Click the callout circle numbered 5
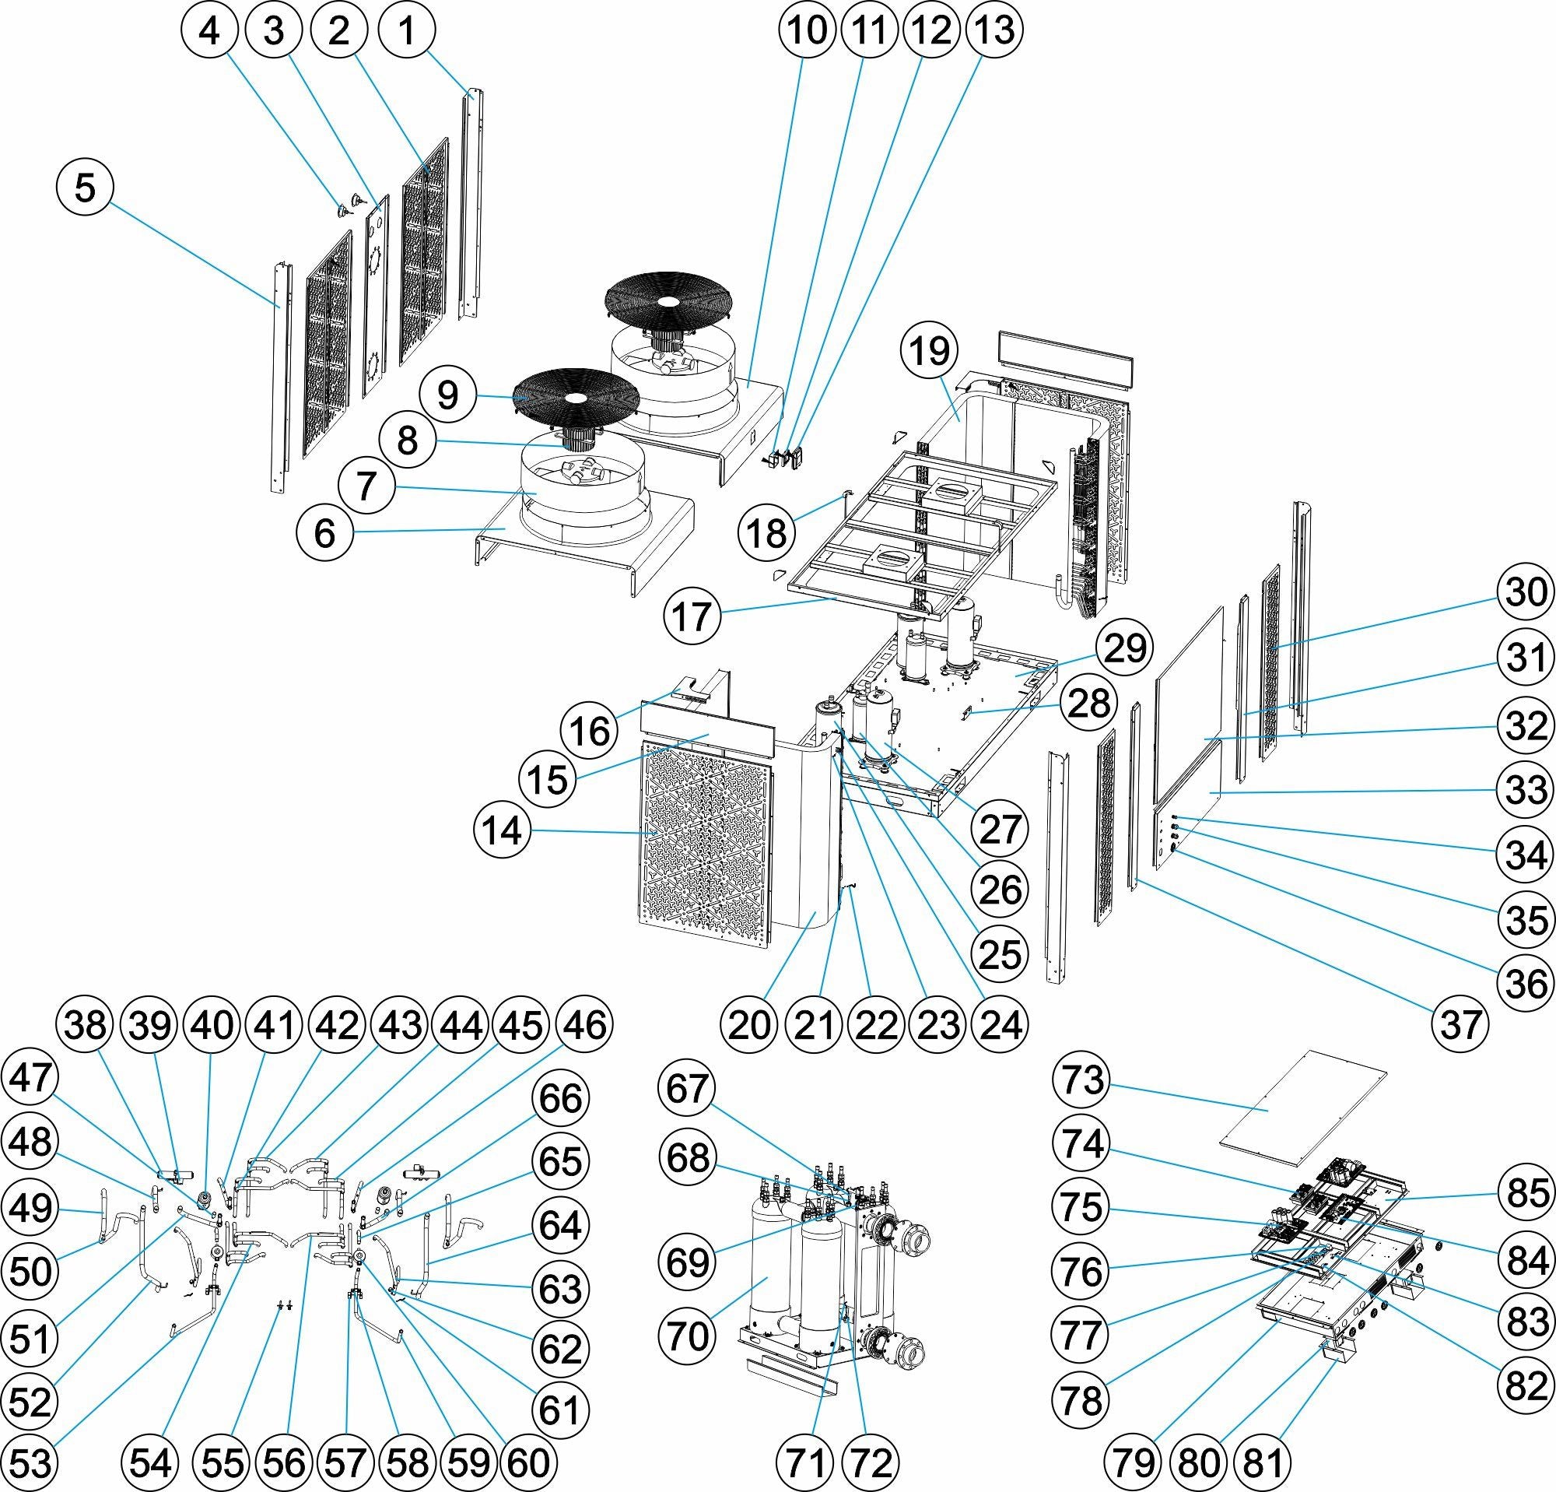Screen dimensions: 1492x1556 point(86,188)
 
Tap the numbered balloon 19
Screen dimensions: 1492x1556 point(930,350)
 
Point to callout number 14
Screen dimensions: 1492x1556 point(502,831)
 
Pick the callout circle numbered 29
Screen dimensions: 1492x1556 point(1125,648)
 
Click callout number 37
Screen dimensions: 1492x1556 point(1462,1024)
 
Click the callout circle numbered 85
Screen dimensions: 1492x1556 point(1526,1192)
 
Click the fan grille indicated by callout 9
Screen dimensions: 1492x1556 point(576,397)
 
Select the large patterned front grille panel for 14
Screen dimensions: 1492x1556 point(706,841)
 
